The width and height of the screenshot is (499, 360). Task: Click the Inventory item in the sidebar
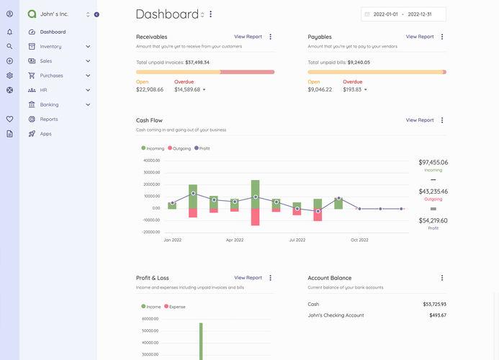pos(50,47)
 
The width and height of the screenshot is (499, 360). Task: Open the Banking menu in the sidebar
pos(49,104)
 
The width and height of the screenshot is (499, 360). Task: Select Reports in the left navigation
pos(49,119)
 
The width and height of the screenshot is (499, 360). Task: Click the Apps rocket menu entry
pos(45,134)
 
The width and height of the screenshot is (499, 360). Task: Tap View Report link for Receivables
pos(248,37)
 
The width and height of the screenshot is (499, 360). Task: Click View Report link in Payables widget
pos(420,37)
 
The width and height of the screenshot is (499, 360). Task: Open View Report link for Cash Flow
pos(420,120)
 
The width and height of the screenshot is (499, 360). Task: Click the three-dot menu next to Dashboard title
pos(210,14)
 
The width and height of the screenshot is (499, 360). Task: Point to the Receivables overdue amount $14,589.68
pos(187,90)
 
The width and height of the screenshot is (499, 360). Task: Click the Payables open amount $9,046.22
pos(320,90)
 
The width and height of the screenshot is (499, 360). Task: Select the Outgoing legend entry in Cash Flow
pos(180,148)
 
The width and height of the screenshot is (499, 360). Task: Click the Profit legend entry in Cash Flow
pos(204,148)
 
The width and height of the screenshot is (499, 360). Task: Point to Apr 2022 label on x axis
pos(235,240)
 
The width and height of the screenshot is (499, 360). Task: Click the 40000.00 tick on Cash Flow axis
pos(150,161)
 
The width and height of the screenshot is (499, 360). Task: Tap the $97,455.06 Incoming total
pos(433,163)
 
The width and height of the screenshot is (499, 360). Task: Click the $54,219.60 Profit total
pos(433,220)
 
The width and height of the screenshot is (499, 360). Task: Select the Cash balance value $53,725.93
pos(434,304)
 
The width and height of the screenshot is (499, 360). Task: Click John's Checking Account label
pos(336,315)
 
